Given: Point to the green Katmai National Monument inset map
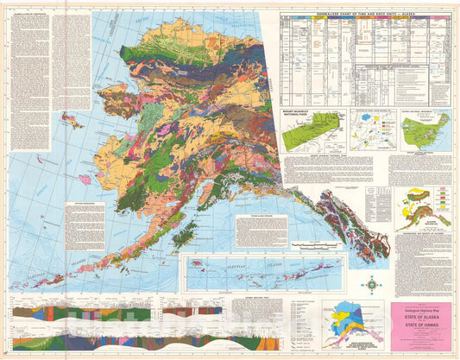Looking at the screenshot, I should click(x=423, y=130).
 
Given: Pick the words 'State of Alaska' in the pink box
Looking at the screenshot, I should click(x=421, y=316).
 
